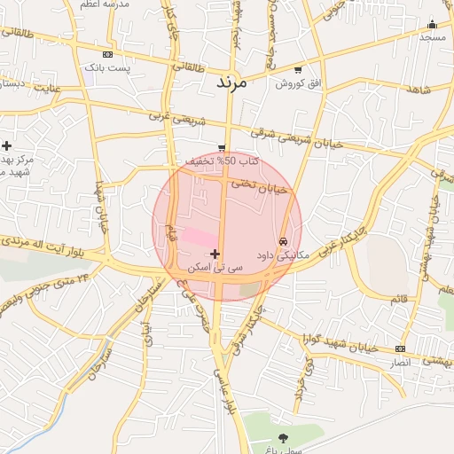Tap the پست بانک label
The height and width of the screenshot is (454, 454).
106,67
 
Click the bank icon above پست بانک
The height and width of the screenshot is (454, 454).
107,54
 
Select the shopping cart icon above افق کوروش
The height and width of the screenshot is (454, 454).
296,70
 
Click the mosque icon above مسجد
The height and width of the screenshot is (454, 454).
432,24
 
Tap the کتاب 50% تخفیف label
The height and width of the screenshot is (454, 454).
222,161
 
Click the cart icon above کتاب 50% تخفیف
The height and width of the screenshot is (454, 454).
221,147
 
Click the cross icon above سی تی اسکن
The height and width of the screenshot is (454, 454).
215,254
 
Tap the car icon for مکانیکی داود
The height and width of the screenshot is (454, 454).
283,240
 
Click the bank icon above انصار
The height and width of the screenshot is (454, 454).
401,348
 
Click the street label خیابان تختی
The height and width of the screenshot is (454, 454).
260,186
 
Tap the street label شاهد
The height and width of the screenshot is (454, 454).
419,90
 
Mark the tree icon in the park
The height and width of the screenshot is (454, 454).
283,437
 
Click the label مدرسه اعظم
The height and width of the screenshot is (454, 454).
105,4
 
